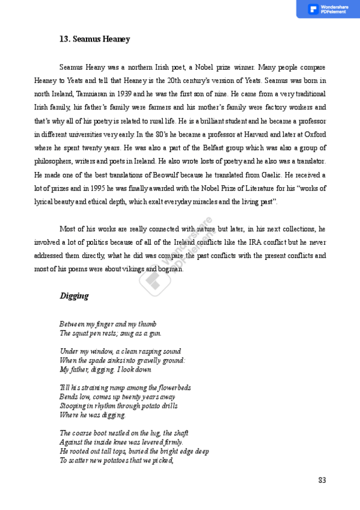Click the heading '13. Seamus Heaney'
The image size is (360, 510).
[x=94, y=39]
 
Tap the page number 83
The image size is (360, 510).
[x=322, y=480]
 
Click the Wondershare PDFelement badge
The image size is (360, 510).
[x=328, y=9]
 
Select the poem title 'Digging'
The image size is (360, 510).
[x=74, y=296]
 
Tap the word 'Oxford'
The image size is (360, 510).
[x=314, y=135]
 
